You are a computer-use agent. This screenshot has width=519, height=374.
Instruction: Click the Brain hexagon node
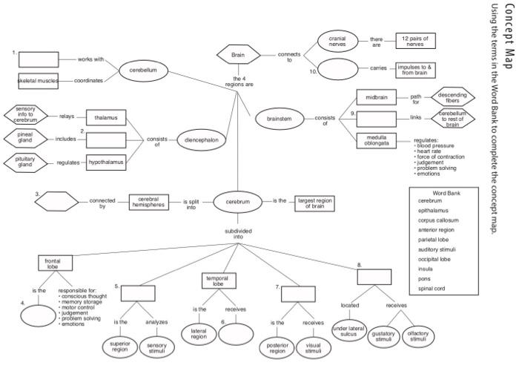click(237, 55)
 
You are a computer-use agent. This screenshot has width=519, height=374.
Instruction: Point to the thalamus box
click(106, 117)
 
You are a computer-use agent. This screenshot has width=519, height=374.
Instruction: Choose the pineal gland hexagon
click(24, 138)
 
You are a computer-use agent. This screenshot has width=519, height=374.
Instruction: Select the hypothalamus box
click(106, 160)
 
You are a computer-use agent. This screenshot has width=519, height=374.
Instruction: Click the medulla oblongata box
click(376, 140)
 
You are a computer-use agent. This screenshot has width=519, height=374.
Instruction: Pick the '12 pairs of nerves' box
click(416, 39)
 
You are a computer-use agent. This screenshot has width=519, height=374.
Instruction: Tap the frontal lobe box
click(52, 263)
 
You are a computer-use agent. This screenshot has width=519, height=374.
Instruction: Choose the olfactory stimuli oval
click(418, 336)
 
